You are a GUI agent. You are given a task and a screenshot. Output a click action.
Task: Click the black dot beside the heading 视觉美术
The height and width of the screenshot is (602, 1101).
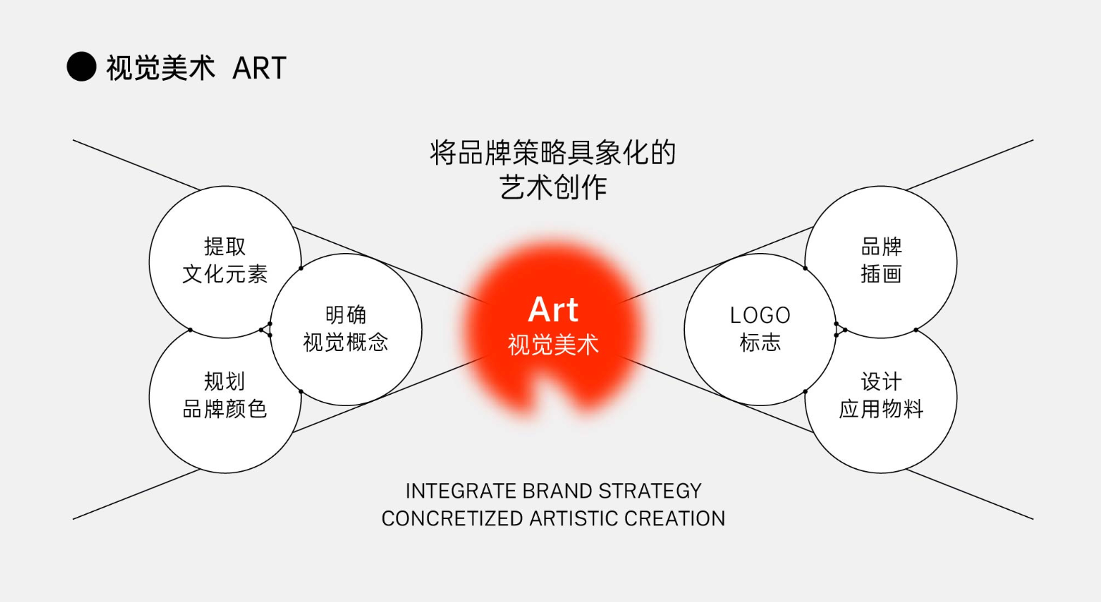(81, 66)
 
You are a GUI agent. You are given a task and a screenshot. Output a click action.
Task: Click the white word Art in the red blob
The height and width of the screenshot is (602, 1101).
(553, 310)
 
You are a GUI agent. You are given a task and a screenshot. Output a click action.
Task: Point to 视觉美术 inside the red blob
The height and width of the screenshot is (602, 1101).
(553, 345)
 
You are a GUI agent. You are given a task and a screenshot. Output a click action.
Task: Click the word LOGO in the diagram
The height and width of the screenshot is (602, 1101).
(760, 315)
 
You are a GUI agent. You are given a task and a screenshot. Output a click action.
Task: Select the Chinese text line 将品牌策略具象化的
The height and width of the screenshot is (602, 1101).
(553, 152)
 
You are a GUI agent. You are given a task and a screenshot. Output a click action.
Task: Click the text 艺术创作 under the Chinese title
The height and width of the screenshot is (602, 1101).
(553, 187)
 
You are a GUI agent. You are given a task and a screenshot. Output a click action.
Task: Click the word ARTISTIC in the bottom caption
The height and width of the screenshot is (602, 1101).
(573, 518)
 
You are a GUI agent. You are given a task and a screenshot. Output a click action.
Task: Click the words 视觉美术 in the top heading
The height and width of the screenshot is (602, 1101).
(161, 68)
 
